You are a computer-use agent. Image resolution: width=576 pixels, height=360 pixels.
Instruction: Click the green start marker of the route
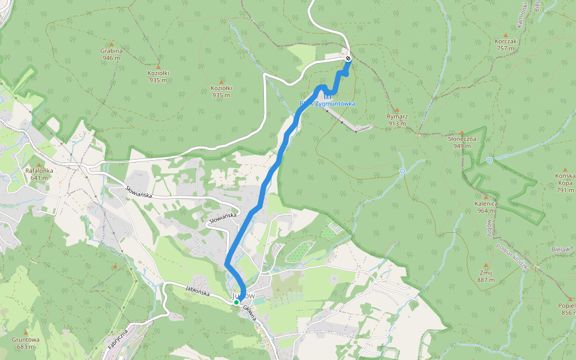[236, 302]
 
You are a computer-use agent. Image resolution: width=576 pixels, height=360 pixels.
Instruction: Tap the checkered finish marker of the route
[348, 58]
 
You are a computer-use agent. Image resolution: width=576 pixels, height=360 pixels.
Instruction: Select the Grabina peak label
[112, 55]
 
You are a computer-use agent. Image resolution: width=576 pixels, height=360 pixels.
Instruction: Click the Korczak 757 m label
[506, 44]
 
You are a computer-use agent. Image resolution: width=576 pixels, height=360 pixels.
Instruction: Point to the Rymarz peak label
[397, 120]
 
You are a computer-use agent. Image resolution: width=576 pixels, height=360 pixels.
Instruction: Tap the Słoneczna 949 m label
[462, 142]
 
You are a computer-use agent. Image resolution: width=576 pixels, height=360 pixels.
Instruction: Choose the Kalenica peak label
[487, 206]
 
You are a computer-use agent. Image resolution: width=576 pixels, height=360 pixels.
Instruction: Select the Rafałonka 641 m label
[40, 174]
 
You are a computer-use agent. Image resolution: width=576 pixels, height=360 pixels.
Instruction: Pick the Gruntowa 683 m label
[28, 343]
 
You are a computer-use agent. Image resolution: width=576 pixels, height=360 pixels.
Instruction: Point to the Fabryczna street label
[119, 340]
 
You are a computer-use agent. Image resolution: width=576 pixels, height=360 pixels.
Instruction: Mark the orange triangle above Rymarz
[397, 110]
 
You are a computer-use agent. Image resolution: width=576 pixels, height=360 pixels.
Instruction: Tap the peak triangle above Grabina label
[112, 43]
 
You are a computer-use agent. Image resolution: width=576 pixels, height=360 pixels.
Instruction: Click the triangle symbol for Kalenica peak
[487, 196]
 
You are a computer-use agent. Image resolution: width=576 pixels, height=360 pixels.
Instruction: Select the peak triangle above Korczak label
[506, 34]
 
